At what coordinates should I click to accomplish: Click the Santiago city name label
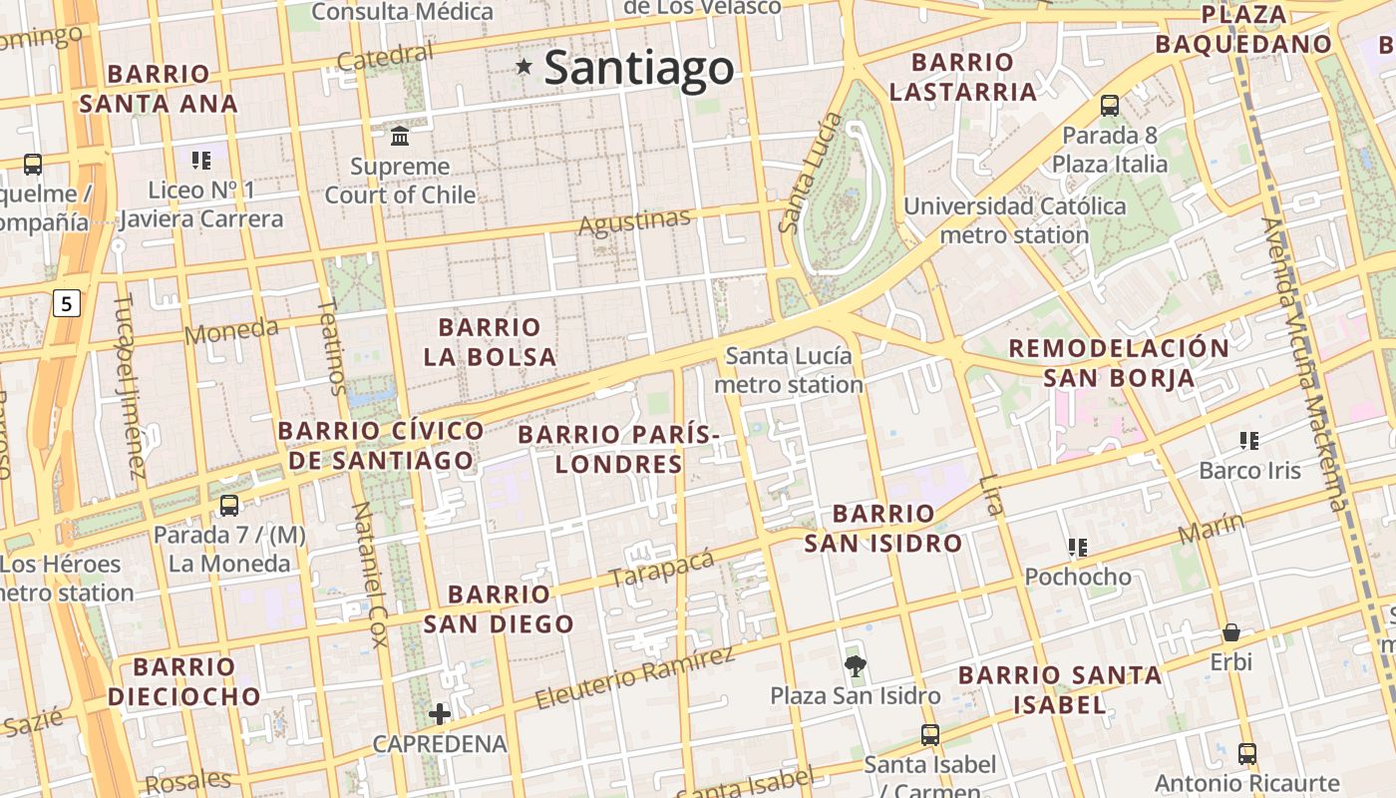[x=639, y=68]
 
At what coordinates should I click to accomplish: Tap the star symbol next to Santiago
[x=523, y=67]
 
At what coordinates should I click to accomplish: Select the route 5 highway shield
[x=66, y=303]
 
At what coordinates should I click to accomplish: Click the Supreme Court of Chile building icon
[x=400, y=135]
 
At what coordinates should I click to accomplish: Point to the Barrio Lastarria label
[x=962, y=77]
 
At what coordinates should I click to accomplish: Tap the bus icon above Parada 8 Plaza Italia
[x=1109, y=105]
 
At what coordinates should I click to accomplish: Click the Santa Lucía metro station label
[x=789, y=370]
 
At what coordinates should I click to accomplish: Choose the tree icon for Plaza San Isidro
[x=855, y=665]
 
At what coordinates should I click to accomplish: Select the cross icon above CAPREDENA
[x=440, y=713]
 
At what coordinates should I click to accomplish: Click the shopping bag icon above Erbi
[x=1231, y=632]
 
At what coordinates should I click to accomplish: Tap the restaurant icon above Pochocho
[x=1077, y=547]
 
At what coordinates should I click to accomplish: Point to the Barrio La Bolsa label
[x=490, y=341]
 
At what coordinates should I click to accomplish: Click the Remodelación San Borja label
[x=1119, y=362]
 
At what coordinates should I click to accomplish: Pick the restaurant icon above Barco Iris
[x=1248, y=440]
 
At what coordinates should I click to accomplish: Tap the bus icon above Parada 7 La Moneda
[x=229, y=505]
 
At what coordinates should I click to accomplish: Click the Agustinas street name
[x=634, y=222]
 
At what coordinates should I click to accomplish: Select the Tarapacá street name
[x=662, y=568]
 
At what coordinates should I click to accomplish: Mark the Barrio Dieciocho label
[x=183, y=681]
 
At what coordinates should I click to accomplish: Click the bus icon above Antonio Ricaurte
[x=1246, y=753]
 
